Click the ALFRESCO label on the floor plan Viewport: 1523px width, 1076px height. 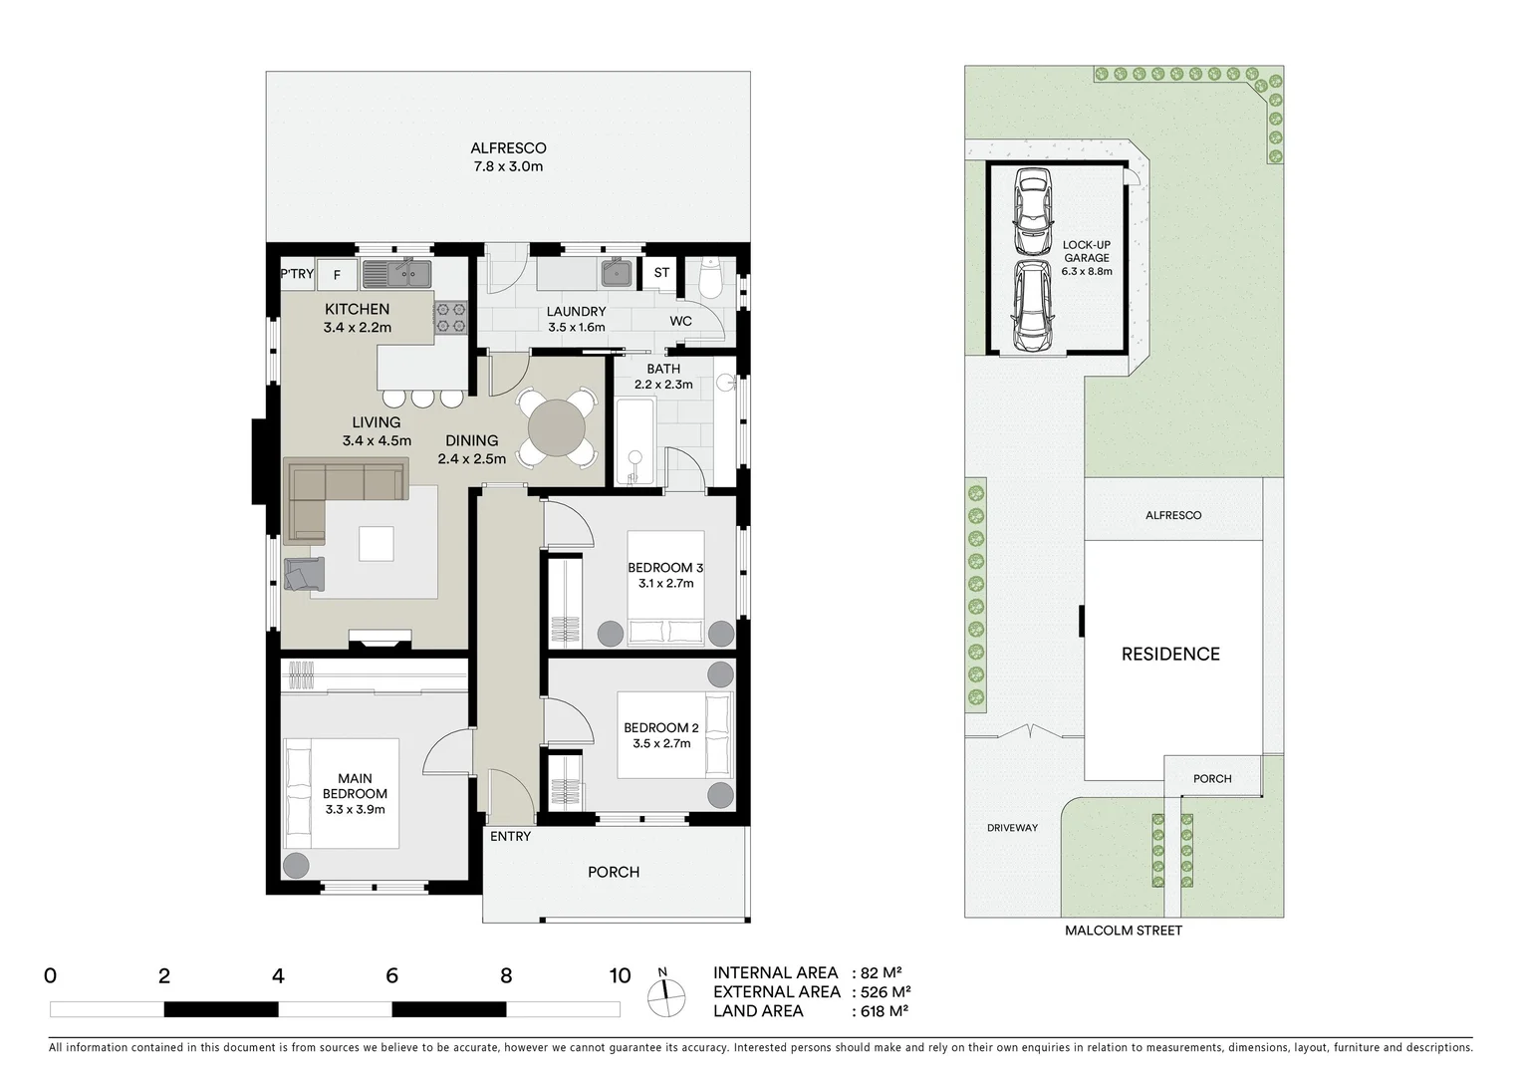[x=508, y=148]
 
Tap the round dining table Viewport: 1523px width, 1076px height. [x=557, y=429]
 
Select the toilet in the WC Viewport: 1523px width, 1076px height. [x=711, y=281]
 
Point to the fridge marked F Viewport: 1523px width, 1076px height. [x=337, y=275]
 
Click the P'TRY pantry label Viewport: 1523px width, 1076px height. [x=297, y=275]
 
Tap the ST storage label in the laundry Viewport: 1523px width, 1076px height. [x=661, y=273]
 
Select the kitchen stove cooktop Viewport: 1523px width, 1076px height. [x=450, y=317]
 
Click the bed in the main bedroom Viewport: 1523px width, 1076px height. [x=344, y=793]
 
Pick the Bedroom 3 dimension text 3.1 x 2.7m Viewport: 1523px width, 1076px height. [x=665, y=584]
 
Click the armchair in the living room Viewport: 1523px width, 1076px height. [x=304, y=574]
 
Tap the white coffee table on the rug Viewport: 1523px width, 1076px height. [x=377, y=544]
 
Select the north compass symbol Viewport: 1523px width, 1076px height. [x=665, y=993]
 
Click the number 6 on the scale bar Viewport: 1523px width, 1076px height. [x=391, y=976]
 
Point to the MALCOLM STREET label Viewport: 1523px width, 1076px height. [x=1123, y=931]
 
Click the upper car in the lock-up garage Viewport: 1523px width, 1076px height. [x=1032, y=210]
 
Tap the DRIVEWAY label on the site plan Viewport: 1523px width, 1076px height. [x=1012, y=828]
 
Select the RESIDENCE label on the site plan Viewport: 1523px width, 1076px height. [x=1170, y=655]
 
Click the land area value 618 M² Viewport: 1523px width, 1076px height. [x=882, y=1011]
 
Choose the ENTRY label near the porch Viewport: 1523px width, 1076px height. [x=510, y=837]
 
